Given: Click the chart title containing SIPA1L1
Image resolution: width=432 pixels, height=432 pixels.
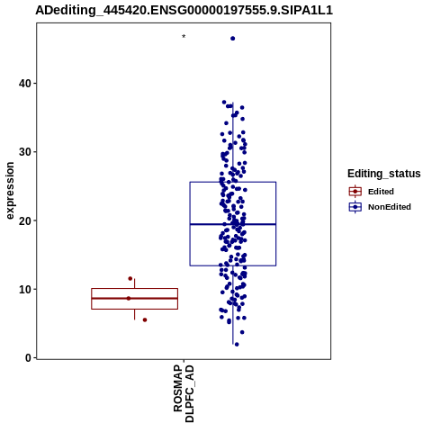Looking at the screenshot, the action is [184, 10].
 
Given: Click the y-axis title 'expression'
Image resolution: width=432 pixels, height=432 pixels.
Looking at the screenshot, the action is [10, 191].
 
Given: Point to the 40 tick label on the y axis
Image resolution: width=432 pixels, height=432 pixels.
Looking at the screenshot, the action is [25, 83].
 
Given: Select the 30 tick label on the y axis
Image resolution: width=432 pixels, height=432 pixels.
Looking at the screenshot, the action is [25, 152].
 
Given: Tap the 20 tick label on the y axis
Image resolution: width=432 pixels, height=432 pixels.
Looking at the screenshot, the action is [25, 220].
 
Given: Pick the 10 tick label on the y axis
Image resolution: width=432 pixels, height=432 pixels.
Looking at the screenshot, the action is [25, 289].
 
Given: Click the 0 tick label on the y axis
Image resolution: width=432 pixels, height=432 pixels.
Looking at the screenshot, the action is [28, 358].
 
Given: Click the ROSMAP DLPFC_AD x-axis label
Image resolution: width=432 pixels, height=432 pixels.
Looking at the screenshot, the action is [184, 393].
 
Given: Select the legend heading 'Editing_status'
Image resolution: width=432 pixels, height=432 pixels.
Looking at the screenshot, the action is [384, 174].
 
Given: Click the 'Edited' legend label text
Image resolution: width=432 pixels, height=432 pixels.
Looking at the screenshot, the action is [381, 192].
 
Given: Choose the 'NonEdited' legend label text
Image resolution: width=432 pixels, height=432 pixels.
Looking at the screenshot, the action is [390, 207].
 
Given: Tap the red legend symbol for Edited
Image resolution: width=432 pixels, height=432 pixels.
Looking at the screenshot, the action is [355, 192].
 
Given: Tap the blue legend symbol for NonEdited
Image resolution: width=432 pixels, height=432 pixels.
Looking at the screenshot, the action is [355, 207].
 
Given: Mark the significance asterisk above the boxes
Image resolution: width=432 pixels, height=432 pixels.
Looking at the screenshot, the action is [184, 37].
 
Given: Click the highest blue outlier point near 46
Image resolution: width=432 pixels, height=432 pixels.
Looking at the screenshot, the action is [232, 39].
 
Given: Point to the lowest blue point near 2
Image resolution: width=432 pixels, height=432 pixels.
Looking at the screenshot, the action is [237, 345].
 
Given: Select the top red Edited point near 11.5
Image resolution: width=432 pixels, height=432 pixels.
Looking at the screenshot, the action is [130, 279].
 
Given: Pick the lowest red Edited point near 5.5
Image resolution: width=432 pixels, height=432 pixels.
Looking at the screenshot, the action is [145, 320].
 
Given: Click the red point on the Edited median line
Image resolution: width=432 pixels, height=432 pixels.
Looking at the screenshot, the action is [129, 299].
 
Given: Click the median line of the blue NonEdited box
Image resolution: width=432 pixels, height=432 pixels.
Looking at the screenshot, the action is [233, 224].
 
